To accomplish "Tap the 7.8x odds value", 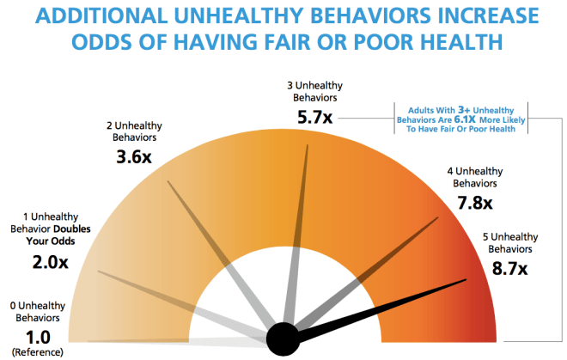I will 475,203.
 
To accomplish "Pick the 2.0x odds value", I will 49,260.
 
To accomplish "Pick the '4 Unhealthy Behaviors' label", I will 475,178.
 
